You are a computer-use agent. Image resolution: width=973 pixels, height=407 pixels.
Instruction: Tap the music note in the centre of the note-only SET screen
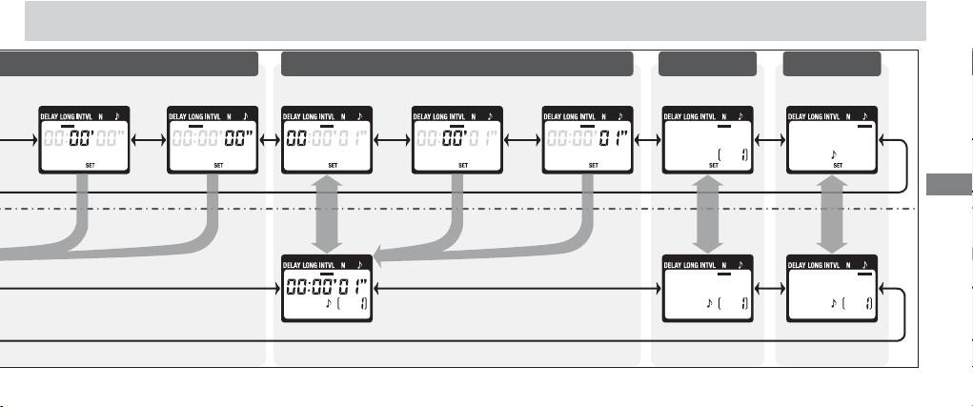[x=834, y=152]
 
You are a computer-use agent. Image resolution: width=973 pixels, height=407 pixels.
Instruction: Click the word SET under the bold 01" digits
[x=592, y=165]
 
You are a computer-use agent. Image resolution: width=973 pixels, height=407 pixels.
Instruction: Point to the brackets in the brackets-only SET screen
[x=731, y=152]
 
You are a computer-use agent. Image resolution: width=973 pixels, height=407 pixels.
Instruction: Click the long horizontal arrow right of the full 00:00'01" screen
[x=516, y=289]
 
